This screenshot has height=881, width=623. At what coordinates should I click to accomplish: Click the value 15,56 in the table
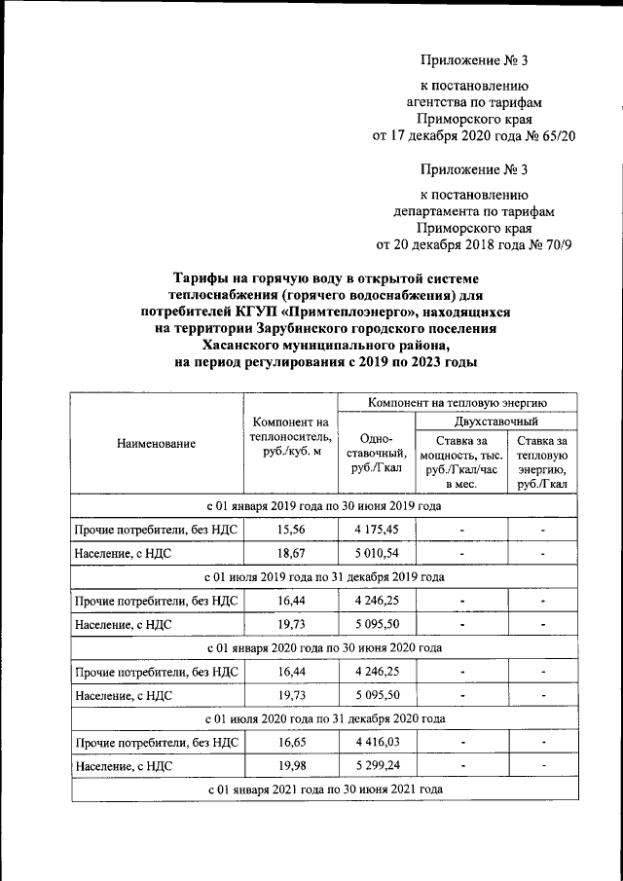click(289, 531)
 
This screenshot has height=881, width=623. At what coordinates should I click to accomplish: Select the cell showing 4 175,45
click(376, 531)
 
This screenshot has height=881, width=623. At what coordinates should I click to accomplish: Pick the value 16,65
click(289, 743)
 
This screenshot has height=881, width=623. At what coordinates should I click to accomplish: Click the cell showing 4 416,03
click(376, 743)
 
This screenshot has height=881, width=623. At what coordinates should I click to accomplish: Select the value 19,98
click(289, 767)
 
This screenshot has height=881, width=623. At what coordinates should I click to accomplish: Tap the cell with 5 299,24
click(376, 767)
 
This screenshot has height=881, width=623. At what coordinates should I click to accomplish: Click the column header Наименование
click(156, 444)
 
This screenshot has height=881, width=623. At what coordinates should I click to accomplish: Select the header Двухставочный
click(496, 422)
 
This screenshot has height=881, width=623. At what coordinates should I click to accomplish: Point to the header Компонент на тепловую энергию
click(457, 401)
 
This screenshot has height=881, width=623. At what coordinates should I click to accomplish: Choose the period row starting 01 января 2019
click(324, 507)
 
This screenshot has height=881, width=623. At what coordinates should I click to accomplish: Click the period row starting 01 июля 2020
click(324, 719)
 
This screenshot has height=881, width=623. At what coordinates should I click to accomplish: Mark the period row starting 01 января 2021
click(324, 789)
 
